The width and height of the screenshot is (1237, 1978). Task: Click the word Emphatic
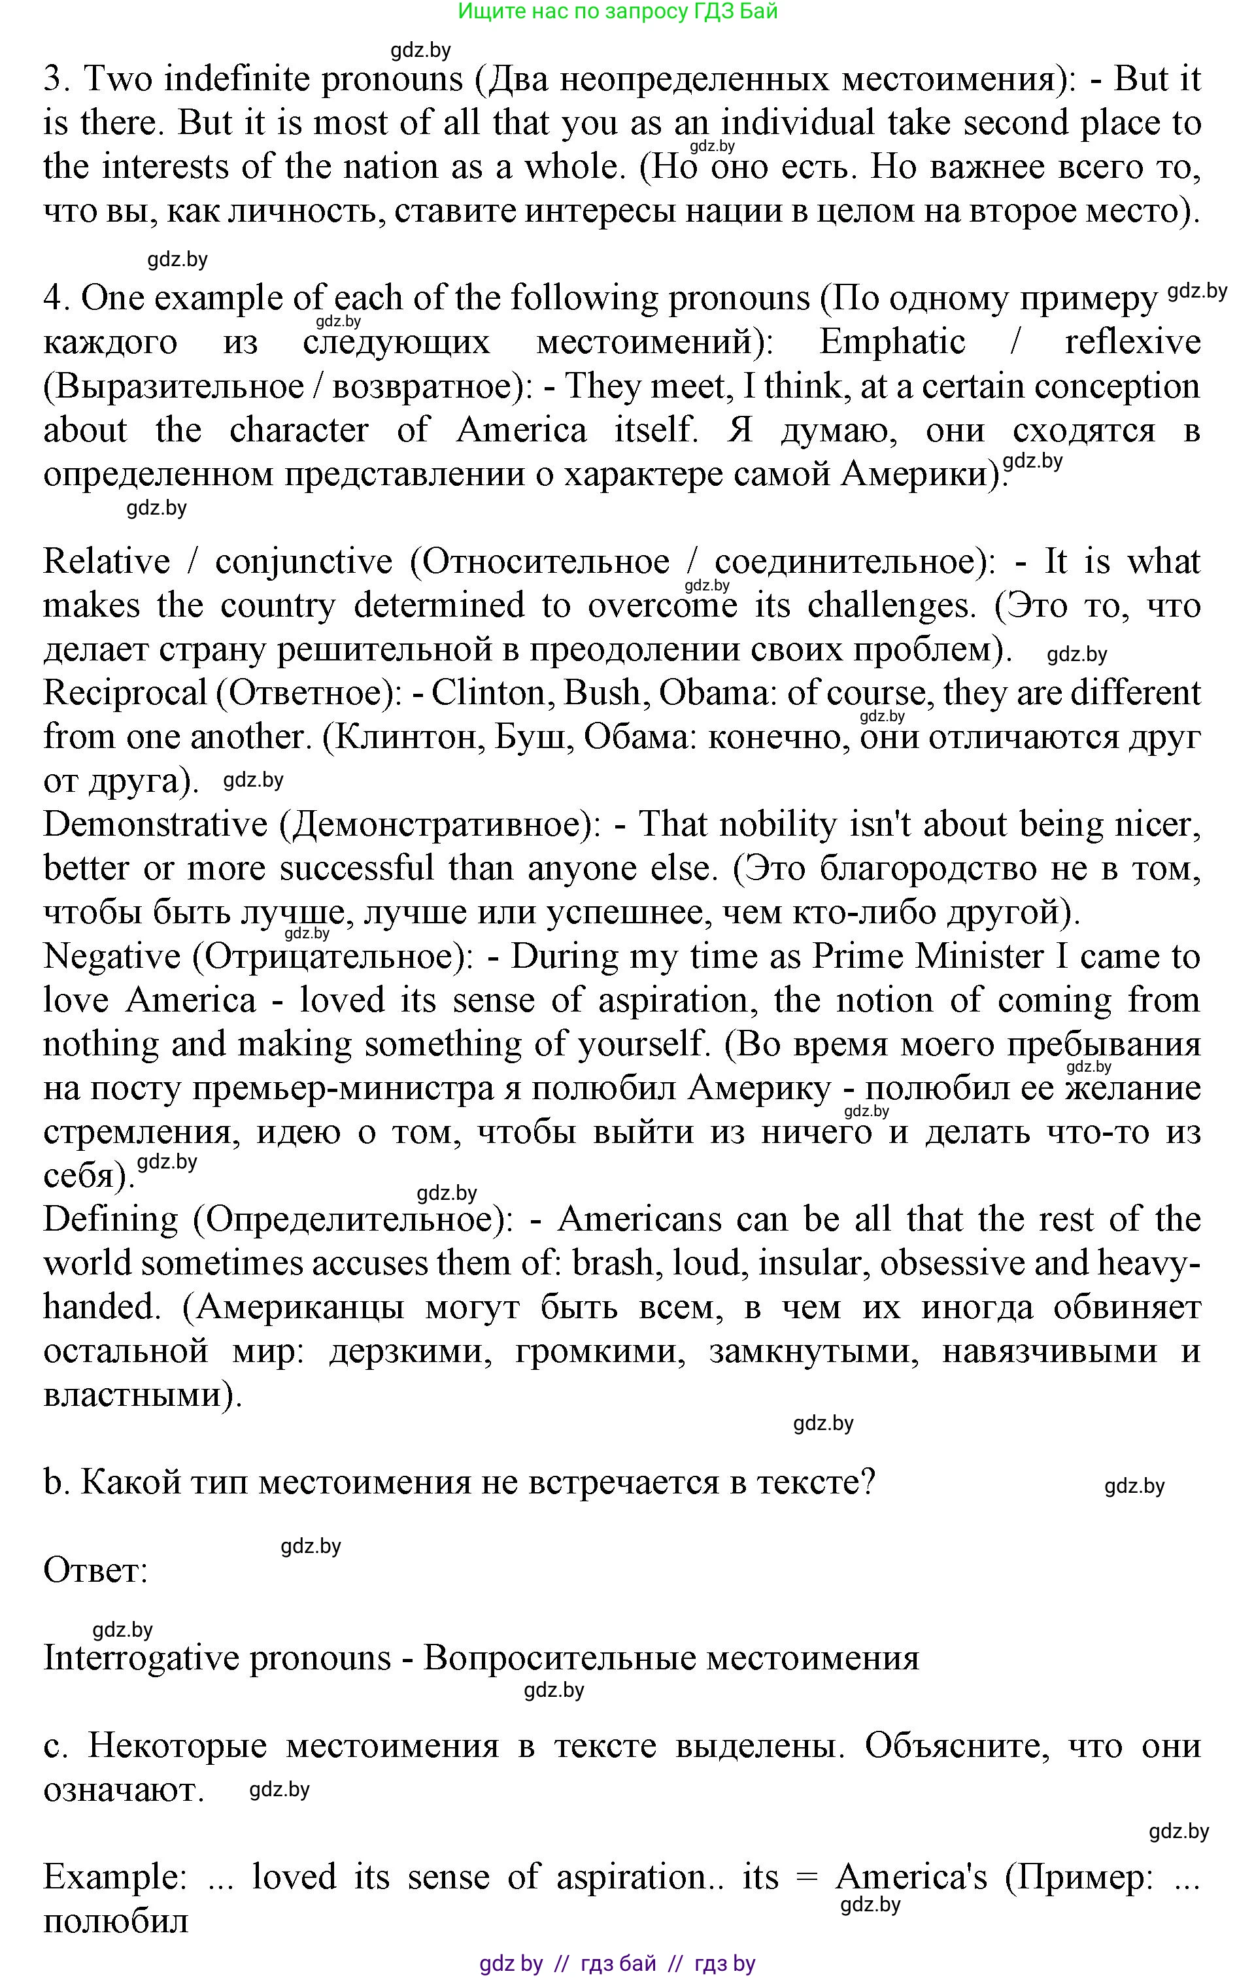[892, 342]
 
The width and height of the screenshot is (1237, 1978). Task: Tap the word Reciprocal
[124, 693]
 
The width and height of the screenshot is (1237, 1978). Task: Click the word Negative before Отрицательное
[111, 956]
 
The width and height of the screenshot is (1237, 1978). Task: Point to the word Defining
[110, 1219]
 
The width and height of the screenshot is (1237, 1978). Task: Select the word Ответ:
[95, 1571]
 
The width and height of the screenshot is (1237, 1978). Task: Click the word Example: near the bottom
[114, 1877]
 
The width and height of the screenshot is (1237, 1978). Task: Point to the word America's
[911, 1877]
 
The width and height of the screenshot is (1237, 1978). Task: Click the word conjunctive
[303, 561]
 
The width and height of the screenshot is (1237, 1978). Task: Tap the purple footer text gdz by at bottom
[511, 1963]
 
